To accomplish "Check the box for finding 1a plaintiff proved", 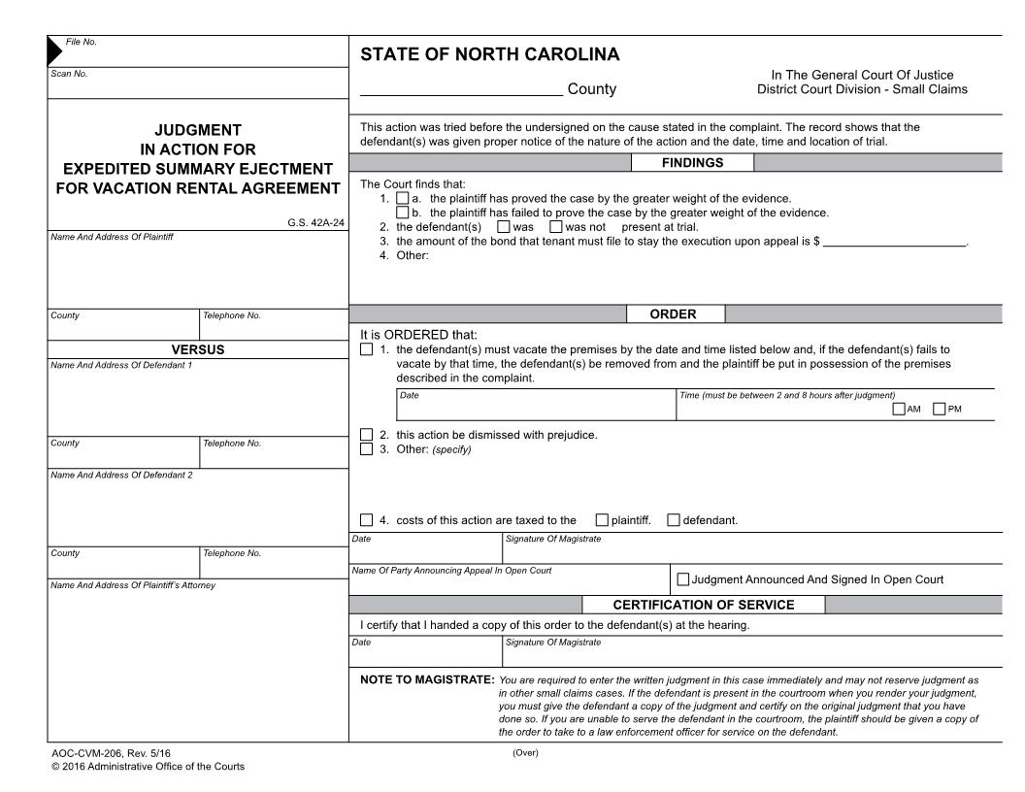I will pyautogui.click(x=403, y=198).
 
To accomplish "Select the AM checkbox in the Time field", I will pyautogui.click(x=899, y=409).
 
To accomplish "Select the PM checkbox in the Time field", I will pyautogui.click(x=940, y=409).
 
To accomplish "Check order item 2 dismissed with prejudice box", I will pyautogui.click(x=366, y=435).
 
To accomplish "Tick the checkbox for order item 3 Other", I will pyautogui.click(x=366, y=449).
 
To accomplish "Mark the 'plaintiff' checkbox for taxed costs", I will pyautogui.click(x=602, y=520).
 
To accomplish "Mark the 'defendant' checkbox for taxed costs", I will pyautogui.click(x=674, y=520).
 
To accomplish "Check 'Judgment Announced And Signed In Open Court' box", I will pyautogui.click(x=683, y=580).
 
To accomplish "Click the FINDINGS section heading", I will pyautogui.click(x=692, y=164).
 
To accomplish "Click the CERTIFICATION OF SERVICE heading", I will pyautogui.click(x=703, y=606).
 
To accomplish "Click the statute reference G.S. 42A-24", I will pyautogui.click(x=315, y=222).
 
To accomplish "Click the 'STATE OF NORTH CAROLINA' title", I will pyautogui.click(x=489, y=55).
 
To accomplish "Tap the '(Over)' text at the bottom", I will pyautogui.click(x=525, y=754).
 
